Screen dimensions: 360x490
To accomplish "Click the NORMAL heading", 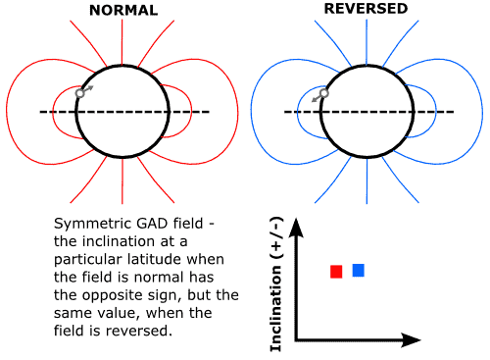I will [122, 11].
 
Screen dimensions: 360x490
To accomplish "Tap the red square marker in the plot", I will [336, 272].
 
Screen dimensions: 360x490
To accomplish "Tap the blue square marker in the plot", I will [358, 270].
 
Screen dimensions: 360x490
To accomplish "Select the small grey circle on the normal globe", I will [80, 94].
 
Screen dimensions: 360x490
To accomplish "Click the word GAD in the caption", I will [149, 225].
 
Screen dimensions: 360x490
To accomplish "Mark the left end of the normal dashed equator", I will [41, 112].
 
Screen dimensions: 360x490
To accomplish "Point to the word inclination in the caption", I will [113, 242].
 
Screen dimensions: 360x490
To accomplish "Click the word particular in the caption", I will [89, 260].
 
